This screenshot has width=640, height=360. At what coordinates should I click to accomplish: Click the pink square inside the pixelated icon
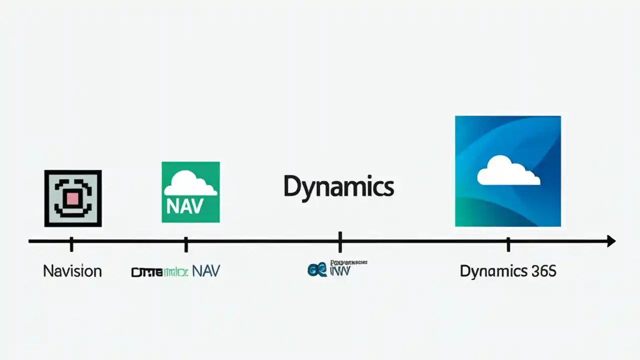coord(73,198)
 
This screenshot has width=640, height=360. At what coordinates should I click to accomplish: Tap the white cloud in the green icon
coord(190,184)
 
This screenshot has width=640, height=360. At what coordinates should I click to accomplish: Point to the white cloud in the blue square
coord(508,171)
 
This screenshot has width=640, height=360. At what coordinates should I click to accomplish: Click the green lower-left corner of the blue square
coord(467,215)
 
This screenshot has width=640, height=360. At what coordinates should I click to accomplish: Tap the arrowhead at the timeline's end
coord(610,241)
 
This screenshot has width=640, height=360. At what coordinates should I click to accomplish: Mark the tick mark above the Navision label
coord(71,244)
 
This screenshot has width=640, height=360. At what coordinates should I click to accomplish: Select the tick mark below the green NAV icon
coord(186,244)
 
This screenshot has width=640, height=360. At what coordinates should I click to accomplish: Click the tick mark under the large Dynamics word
coord(340,242)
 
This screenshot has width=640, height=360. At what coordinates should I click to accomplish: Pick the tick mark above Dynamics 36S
coord(508,244)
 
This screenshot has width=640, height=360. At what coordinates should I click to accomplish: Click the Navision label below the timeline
coord(72,271)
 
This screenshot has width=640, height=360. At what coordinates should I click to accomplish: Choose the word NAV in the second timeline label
coord(206,271)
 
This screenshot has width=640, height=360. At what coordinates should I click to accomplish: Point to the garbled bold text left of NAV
coord(159,272)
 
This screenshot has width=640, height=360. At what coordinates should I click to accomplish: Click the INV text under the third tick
coord(341,271)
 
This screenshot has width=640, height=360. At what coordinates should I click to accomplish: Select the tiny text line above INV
coord(349,262)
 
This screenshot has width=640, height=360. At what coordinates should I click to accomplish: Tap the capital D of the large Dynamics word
coord(292,187)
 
